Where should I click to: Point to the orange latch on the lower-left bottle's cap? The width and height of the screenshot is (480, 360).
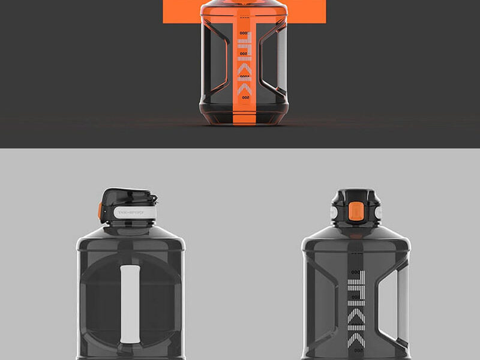pyautogui.click(x=101, y=211)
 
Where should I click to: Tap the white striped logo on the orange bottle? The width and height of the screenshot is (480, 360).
pyautogui.click(x=244, y=65)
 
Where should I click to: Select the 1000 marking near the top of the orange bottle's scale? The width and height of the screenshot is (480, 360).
pyautogui.click(x=244, y=33)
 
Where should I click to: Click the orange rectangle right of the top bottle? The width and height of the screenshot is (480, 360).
pyautogui.click(x=306, y=11)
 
